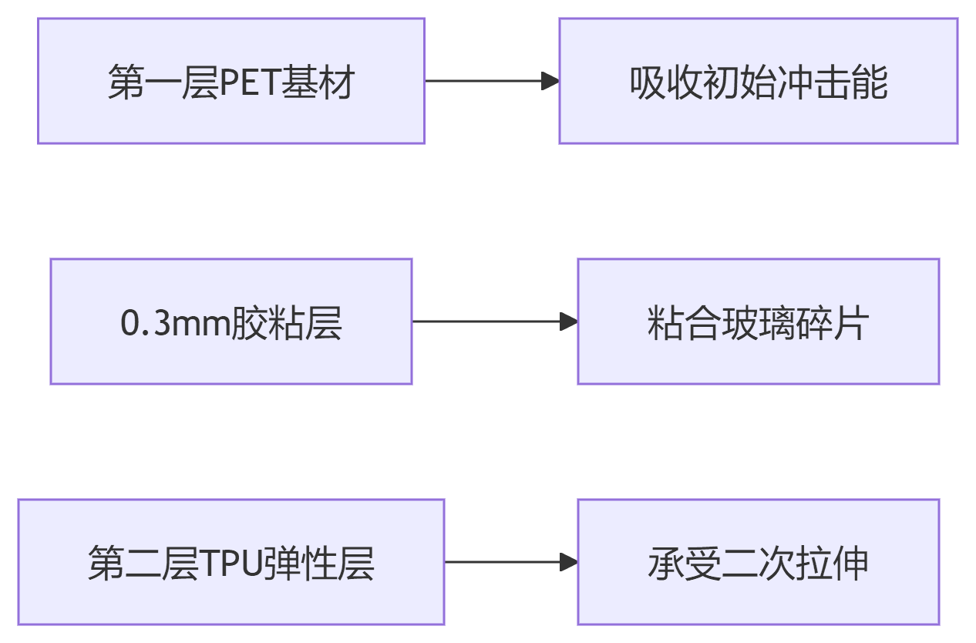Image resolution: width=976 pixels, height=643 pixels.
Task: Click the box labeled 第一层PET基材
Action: [x=231, y=81]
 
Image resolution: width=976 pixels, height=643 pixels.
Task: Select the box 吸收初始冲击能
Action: [x=758, y=81]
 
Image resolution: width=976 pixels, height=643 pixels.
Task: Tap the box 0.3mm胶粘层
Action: [x=231, y=321]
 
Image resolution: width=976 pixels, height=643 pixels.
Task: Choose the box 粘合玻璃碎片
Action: [x=758, y=321]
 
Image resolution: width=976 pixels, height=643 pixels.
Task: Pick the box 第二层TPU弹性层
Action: [x=231, y=562]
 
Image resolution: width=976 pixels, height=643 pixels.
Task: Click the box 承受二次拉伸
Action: [x=758, y=562]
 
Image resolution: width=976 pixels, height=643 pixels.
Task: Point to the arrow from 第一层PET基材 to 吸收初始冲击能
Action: [x=491, y=81]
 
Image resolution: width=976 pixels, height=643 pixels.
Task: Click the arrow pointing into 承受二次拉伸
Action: [x=510, y=562]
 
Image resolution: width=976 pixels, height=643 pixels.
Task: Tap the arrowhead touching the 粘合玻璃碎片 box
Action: [x=569, y=321]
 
